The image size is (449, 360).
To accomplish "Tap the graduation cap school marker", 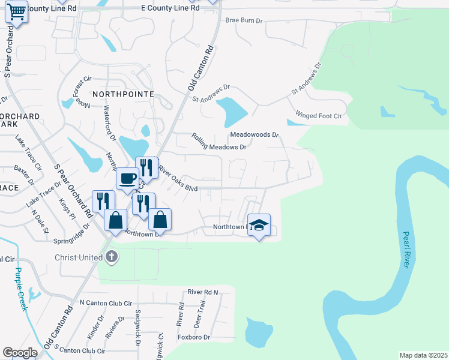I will click(x=259, y=225).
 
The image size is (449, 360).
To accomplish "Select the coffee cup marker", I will click(x=127, y=178).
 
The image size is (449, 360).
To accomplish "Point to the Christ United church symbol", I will click(x=111, y=257).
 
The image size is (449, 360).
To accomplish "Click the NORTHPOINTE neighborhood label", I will click(x=123, y=94).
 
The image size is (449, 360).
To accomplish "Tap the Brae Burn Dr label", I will click(x=244, y=20).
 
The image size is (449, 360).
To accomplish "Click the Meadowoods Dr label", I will click(x=255, y=134).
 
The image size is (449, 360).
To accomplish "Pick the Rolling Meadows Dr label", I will click(x=219, y=142).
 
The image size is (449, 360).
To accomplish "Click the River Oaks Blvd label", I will click(x=178, y=179).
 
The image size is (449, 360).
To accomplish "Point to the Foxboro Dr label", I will click(x=194, y=337).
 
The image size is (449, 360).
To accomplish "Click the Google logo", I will click(x=20, y=353).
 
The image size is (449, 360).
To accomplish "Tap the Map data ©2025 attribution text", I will click(x=423, y=355).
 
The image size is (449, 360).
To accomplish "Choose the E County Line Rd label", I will click(x=169, y=8).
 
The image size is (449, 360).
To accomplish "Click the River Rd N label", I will click(x=203, y=292).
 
